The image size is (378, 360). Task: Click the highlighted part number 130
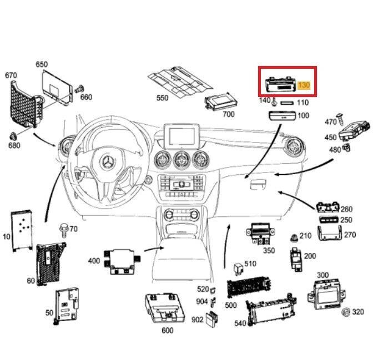click(304, 85)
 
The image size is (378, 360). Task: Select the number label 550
click(162, 98)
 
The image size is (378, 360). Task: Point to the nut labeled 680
click(13, 135)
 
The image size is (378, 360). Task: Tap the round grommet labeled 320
click(345, 311)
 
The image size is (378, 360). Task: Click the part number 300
click(322, 275)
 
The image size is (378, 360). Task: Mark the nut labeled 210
click(293, 237)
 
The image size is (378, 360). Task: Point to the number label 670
click(11, 75)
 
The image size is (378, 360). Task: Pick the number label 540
click(240, 323)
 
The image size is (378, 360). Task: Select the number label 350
click(269, 250)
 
